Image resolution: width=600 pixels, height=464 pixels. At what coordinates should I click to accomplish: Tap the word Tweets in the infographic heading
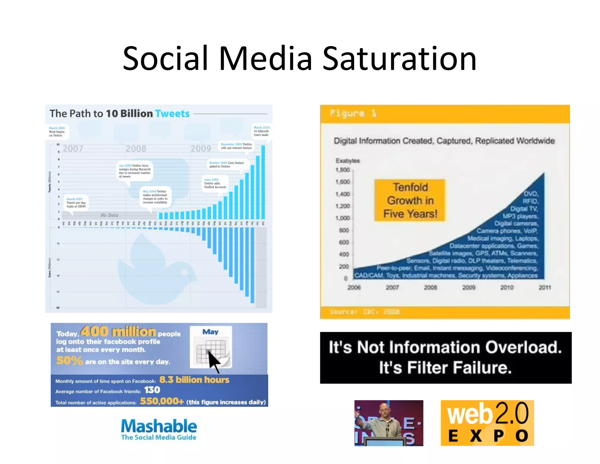point(172,114)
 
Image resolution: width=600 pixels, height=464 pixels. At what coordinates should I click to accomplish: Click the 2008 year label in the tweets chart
point(136,149)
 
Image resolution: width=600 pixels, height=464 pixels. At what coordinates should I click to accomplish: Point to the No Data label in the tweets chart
point(109,215)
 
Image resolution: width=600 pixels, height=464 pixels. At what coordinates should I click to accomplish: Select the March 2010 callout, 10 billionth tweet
point(261,131)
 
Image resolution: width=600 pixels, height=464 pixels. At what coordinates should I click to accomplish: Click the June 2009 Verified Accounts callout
point(215,183)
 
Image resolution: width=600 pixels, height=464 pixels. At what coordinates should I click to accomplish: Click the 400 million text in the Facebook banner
point(118,332)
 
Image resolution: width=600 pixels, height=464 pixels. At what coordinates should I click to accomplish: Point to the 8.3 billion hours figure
point(194,380)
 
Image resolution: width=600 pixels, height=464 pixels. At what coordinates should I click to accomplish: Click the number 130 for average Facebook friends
point(152,390)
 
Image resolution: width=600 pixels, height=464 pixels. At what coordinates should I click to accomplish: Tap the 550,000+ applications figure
point(162,401)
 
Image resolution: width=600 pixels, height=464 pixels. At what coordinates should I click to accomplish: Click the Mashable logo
point(159,429)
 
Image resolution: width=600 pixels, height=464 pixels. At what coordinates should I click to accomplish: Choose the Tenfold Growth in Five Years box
point(410,200)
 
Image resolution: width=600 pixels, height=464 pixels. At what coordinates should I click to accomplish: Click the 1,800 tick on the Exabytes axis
point(343,170)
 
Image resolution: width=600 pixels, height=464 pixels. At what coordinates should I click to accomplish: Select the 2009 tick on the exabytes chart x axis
point(468,287)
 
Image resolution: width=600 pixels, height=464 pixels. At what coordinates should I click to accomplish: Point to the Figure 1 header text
point(353,113)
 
